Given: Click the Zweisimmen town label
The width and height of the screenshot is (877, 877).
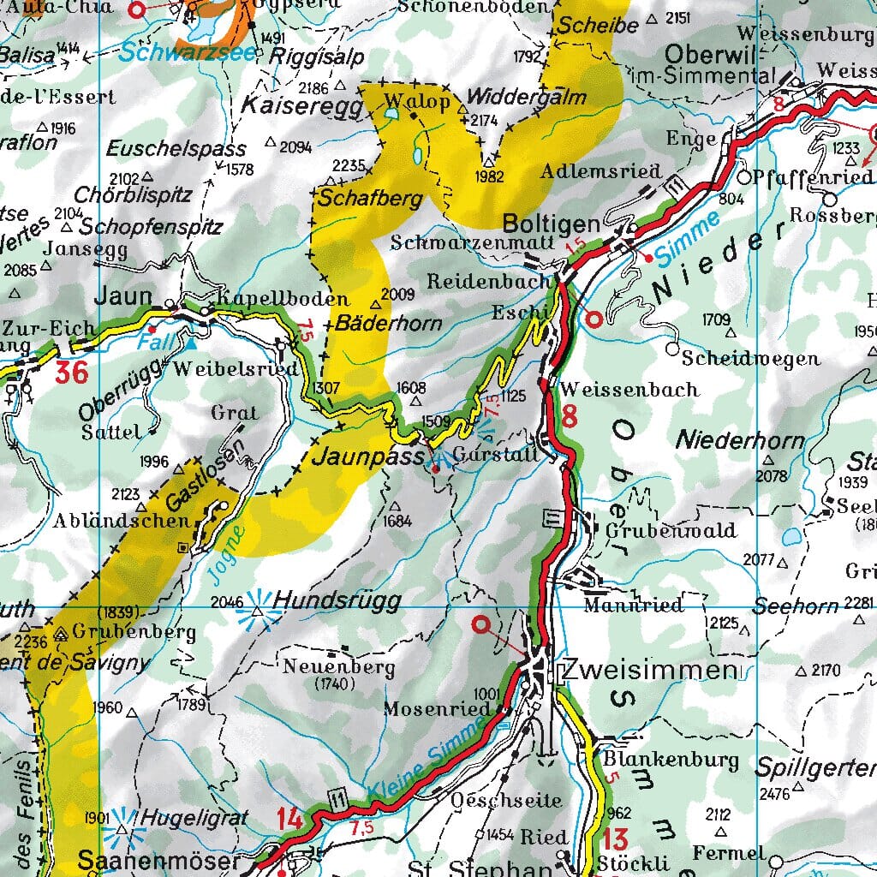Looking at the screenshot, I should point(647,669).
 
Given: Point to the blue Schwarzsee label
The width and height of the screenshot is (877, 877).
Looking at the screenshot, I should point(188,52).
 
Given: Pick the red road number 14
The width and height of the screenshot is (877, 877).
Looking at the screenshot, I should point(289,819).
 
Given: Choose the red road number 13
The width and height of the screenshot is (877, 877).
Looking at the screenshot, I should point(615,838).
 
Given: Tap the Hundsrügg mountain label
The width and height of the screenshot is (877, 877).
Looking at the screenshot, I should point(337,601).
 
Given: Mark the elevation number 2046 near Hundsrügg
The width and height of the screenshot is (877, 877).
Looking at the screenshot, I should point(227,600).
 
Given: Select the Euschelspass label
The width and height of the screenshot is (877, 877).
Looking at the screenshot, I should point(176,149).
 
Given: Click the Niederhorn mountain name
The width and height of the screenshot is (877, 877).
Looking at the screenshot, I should point(741,441).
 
